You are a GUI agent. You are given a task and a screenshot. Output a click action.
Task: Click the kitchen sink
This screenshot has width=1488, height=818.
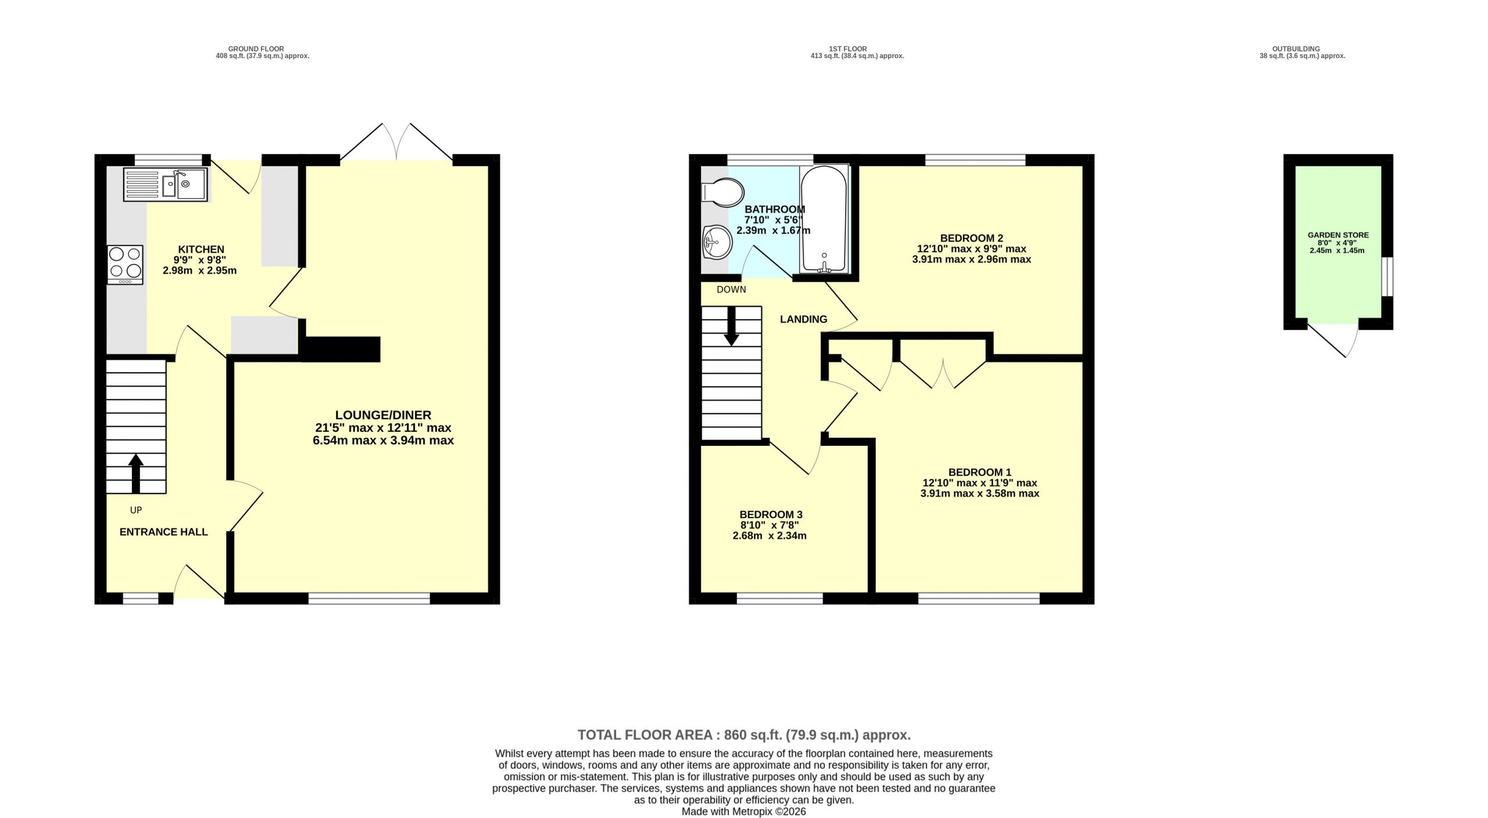click(x=165, y=184)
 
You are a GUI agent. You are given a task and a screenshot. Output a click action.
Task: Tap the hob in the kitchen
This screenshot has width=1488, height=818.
click(x=125, y=265)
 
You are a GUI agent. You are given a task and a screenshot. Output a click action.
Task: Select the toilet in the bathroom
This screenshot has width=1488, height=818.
click(x=722, y=191)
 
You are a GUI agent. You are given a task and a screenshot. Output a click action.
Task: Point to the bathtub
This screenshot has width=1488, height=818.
click(x=824, y=219)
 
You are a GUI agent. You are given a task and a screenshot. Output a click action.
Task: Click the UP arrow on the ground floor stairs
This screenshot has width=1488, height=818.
click(x=135, y=474)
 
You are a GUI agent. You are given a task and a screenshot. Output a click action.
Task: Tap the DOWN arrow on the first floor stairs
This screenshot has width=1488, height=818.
click(x=731, y=326)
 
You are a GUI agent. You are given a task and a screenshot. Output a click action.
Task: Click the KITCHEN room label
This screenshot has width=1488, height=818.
click(x=201, y=249)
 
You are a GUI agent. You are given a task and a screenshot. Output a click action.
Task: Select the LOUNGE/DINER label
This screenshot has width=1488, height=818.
click(x=383, y=415)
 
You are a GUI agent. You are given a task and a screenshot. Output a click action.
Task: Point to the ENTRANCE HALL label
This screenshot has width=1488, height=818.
click(x=163, y=532)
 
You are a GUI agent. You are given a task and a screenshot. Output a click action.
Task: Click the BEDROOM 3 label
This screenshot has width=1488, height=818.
click(x=771, y=515)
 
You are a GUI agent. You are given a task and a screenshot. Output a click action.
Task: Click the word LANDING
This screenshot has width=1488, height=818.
click(x=803, y=319)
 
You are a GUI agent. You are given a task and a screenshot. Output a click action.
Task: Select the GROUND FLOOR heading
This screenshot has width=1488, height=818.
click(x=256, y=49)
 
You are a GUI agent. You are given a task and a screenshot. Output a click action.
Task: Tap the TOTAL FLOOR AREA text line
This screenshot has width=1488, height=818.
click(x=744, y=735)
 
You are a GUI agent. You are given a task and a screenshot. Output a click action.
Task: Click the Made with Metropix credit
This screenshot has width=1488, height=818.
click(x=744, y=812)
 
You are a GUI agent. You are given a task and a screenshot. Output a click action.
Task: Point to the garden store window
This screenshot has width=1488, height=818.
click(x=1387, y=276)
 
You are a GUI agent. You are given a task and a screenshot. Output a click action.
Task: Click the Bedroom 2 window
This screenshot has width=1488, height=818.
click(x=975, y=159)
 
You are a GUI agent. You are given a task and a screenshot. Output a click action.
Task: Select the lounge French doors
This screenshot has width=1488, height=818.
click(x=396, y=143)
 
